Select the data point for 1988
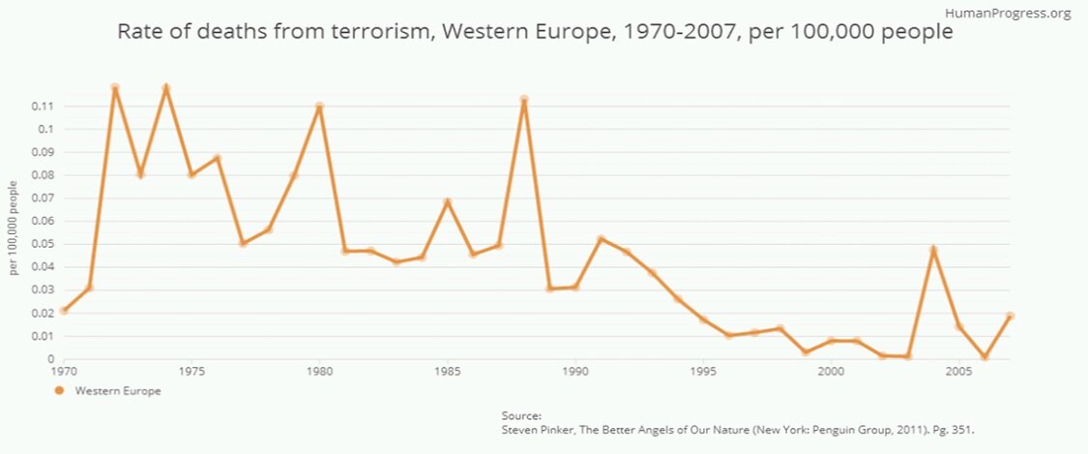523,100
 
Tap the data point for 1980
319,106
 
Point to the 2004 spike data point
933,250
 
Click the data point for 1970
64,311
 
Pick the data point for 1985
447,202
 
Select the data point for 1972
115,88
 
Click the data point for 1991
601,239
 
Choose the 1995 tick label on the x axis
703,371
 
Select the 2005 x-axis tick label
958,371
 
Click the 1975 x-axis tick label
191,371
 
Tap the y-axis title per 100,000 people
14,227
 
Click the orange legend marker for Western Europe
59,391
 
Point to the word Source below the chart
514,414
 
